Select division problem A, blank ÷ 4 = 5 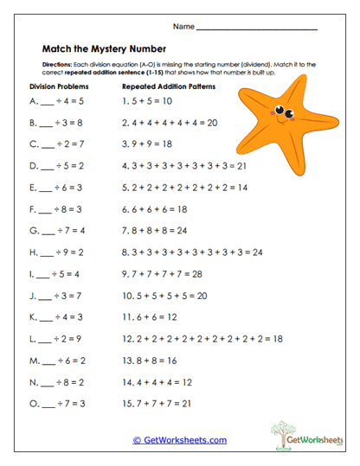click(x=55, y=100)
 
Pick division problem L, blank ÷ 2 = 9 click(x=55, y=339)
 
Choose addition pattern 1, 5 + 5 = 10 click(x=150, y=100)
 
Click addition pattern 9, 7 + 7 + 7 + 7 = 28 click(x=162, y=274)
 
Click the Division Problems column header click(x=59, y=87)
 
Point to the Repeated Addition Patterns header click(x=169, y=87)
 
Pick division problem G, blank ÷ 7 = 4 click(x=55, y=231)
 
